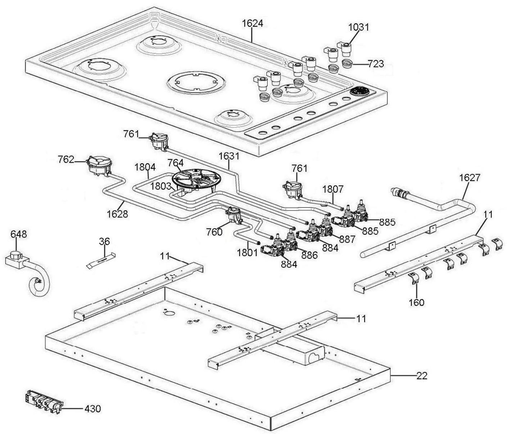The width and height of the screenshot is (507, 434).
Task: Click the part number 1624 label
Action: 252,23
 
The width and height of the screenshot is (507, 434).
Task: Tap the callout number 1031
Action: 359,27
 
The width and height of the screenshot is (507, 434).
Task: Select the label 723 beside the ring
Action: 376,64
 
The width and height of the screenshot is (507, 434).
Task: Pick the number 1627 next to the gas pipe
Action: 470,178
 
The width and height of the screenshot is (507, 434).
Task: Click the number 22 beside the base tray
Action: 422,376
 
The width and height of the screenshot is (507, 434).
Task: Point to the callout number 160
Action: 417,302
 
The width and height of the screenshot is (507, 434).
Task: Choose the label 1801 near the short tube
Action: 248,253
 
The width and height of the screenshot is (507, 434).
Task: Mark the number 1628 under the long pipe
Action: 117,214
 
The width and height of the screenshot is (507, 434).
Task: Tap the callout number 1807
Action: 333,189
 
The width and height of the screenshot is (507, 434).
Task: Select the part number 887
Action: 347,239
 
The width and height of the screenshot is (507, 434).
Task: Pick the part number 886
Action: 309,256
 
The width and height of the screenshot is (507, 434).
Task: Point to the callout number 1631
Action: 229,156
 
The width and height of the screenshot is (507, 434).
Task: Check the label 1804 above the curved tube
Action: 145,167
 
